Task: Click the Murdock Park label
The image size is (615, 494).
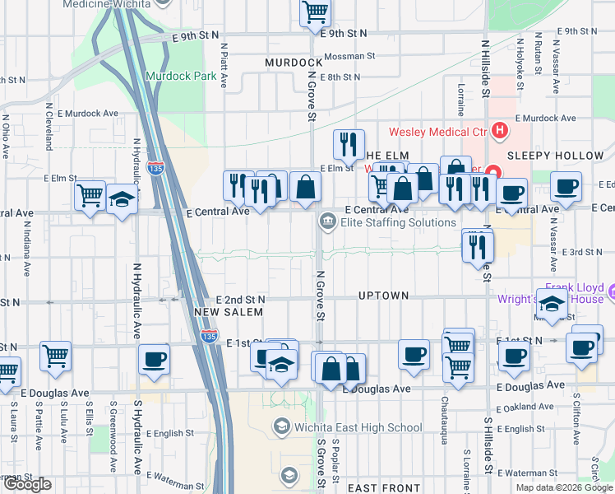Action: pyautogui.click(x=175, y=76)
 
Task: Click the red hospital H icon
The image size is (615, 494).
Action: pyautogui.click(x=498, y=131)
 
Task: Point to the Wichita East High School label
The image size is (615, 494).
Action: pyautogui.click(x=358, y=426)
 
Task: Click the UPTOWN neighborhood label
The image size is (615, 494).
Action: pyautogui.click(x=383, y=295)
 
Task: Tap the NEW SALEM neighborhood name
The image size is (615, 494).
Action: pyautogui.click(x=228, y=312)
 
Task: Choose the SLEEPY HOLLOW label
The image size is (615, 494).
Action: pyautogui.click(x=555, y=155)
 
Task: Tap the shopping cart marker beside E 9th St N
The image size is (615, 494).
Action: pyautogui.click(x=315, y=13)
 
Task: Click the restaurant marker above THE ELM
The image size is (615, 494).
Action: pyautogui.click(x=349, y=144)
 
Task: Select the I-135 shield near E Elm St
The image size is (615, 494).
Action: pyautogui.click(x=155, y=168)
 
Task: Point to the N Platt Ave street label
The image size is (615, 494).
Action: pyautogui.click(x=224, y=66)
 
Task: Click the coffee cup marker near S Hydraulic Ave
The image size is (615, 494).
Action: pyautogui.click(x=154, y=359)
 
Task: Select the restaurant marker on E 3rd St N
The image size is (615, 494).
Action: pyautogui.click(x=478, y=245)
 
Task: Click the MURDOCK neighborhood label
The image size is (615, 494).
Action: pyautogui.click(x=294, y=63)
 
